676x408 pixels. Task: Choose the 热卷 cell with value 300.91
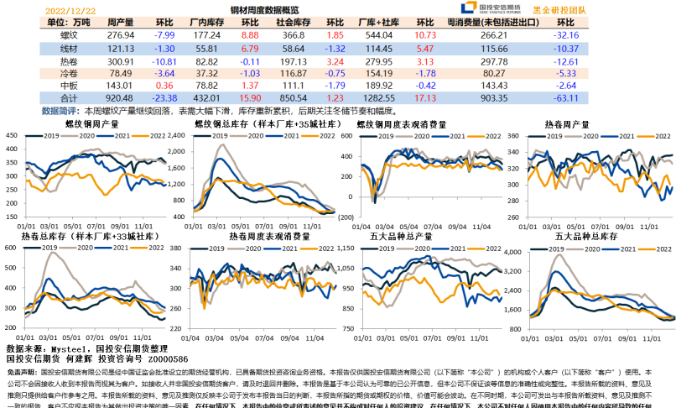point(121,61)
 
